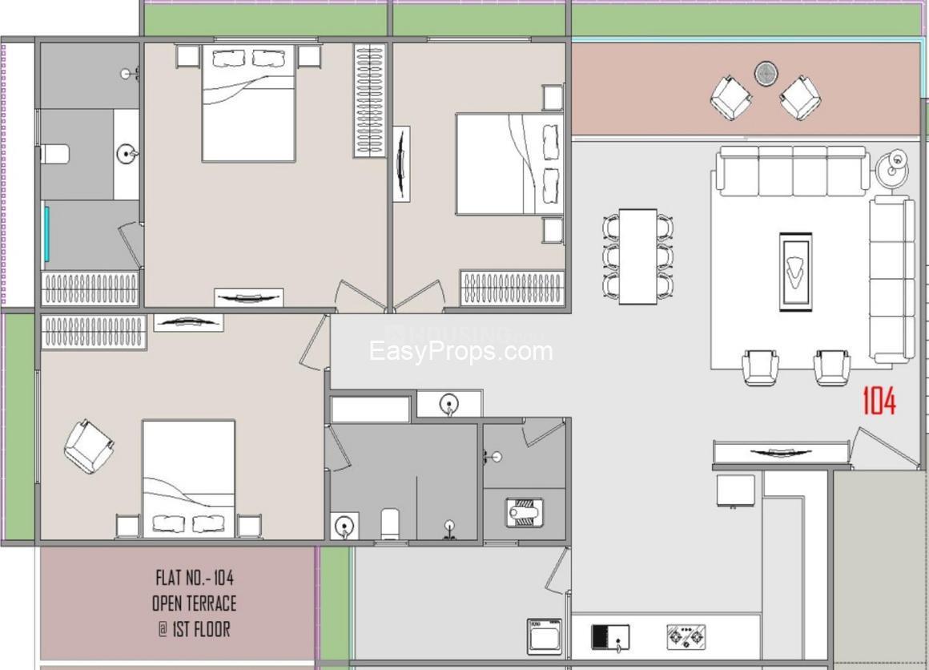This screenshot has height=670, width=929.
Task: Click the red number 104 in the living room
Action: [x=879, y=402]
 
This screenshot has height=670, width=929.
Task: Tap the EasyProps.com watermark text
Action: [x=460, y=351]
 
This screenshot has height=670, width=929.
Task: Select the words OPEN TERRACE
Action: [x=195, y=603]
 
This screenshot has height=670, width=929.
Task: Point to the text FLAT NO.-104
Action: [x=195, y=577]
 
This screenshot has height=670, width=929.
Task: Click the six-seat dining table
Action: [x=638, y=256]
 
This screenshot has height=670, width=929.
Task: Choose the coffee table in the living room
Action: [x=795, y=272]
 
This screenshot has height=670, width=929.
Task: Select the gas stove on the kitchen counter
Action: [x=686, y=637]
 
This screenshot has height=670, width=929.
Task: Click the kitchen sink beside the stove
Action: [x=610, y=636]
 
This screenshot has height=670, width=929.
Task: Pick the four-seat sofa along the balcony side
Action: [x=793, y=171]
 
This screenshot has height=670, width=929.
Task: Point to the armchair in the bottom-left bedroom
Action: [x=88, y=446]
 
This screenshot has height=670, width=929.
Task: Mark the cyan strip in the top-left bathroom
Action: [x=47, y=233]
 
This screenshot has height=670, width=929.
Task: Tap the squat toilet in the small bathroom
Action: [x=524, y=512]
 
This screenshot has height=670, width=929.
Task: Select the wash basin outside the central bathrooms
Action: [x=449, y=405]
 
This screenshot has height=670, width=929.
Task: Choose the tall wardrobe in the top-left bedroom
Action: [x=369, y=100]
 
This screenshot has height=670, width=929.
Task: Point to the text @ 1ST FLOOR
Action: [x=195, y=628]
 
